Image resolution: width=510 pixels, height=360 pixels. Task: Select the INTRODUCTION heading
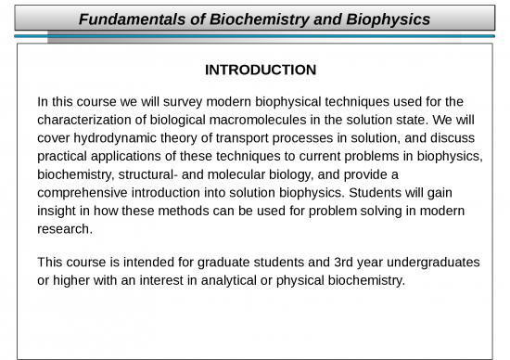point(260,70)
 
